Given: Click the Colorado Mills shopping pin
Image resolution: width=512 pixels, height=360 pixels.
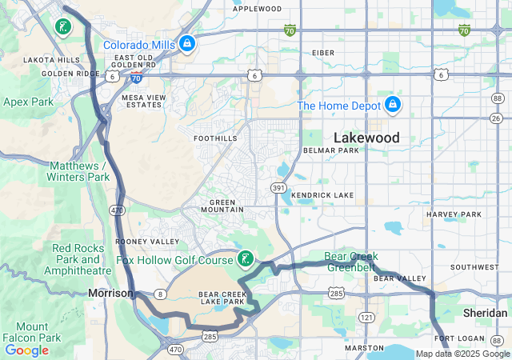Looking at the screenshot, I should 186,42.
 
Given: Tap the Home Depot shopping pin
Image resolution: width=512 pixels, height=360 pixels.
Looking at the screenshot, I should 392,105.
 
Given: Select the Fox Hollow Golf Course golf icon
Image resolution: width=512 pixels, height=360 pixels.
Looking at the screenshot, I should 246,258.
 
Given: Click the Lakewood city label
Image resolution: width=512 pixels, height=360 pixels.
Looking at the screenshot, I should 366,138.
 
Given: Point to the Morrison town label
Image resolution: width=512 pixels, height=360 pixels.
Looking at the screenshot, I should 110,294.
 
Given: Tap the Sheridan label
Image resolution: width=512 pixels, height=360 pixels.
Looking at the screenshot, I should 485,313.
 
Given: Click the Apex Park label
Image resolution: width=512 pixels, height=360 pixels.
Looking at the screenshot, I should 28,102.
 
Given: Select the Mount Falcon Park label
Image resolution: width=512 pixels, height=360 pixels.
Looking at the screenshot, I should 37,332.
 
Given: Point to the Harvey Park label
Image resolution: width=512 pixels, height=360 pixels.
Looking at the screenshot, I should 454,214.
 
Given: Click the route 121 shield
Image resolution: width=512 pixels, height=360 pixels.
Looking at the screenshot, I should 366,318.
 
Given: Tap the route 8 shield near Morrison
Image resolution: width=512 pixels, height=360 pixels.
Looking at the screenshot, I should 161,294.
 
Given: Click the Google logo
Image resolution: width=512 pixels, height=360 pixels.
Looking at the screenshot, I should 26,350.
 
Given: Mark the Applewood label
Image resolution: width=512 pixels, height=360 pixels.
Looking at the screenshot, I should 258,9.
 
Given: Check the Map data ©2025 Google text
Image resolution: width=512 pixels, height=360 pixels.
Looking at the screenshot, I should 462,354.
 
